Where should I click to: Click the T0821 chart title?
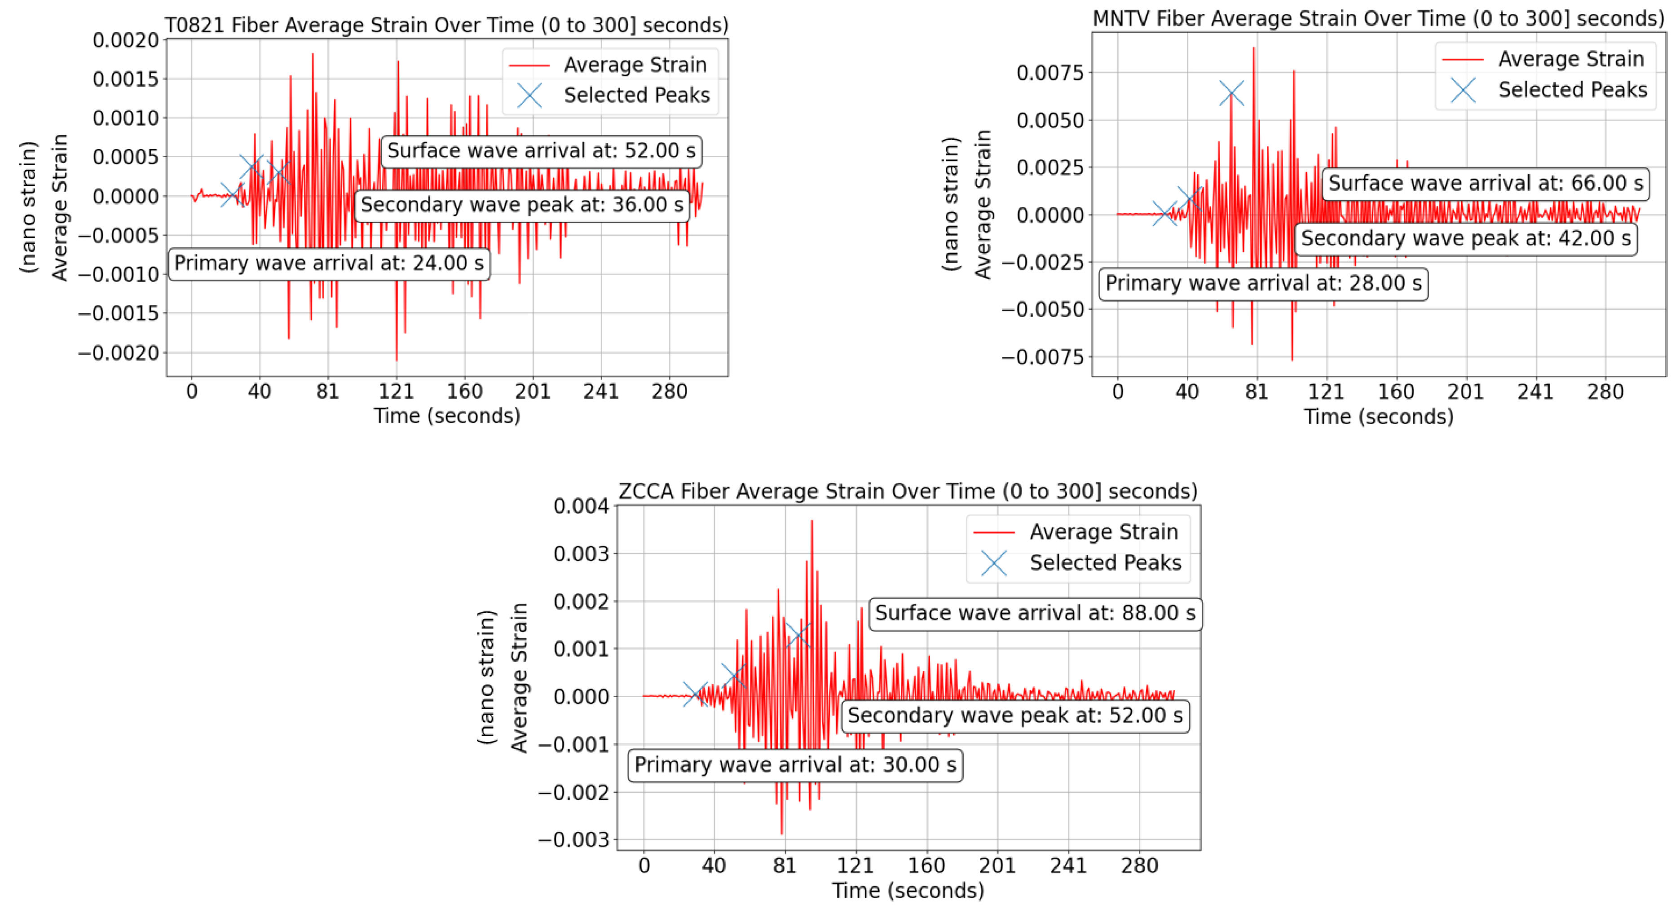[x=447, y=25]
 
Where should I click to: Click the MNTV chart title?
[x=1378, y=18]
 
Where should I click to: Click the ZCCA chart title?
[x=908, y=491]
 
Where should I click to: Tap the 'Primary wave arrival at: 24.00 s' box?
[x=329, y=264]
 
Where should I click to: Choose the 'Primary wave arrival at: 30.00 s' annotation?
[x=795, y=765]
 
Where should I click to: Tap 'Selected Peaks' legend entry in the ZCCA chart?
[x=1105, y=562]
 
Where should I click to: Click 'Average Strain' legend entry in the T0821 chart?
[x=635, y=65]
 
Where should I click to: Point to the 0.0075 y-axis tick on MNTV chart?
[x=1049, y=72]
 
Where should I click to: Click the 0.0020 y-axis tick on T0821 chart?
[x=125, y=40]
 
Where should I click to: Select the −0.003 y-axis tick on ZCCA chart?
[x=573, y=839]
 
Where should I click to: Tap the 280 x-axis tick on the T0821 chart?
[x=669, y=392]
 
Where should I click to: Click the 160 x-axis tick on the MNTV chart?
[x=1396, y=392]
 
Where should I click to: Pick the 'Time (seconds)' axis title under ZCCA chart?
[x=908, y=891]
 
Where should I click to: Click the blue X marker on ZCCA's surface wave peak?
[x=798, y=635]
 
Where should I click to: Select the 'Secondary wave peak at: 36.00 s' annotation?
[x=522, y=205]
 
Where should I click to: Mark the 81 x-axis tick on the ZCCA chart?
[x=785, y=866]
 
